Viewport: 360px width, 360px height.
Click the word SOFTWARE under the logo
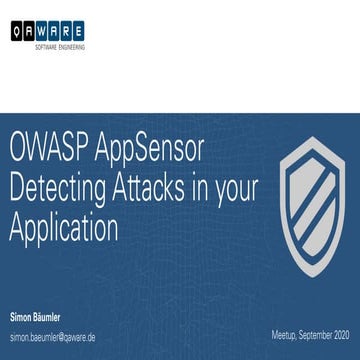(x=48, y=47)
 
